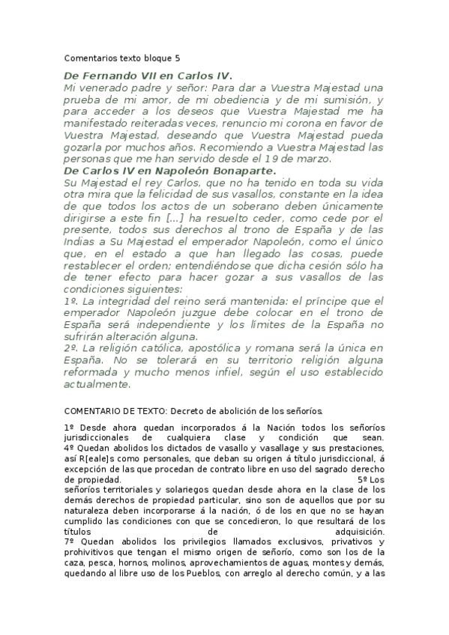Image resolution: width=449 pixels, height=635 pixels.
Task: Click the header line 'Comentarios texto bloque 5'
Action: [122, 57]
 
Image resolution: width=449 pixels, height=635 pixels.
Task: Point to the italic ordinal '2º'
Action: [73, 349]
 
